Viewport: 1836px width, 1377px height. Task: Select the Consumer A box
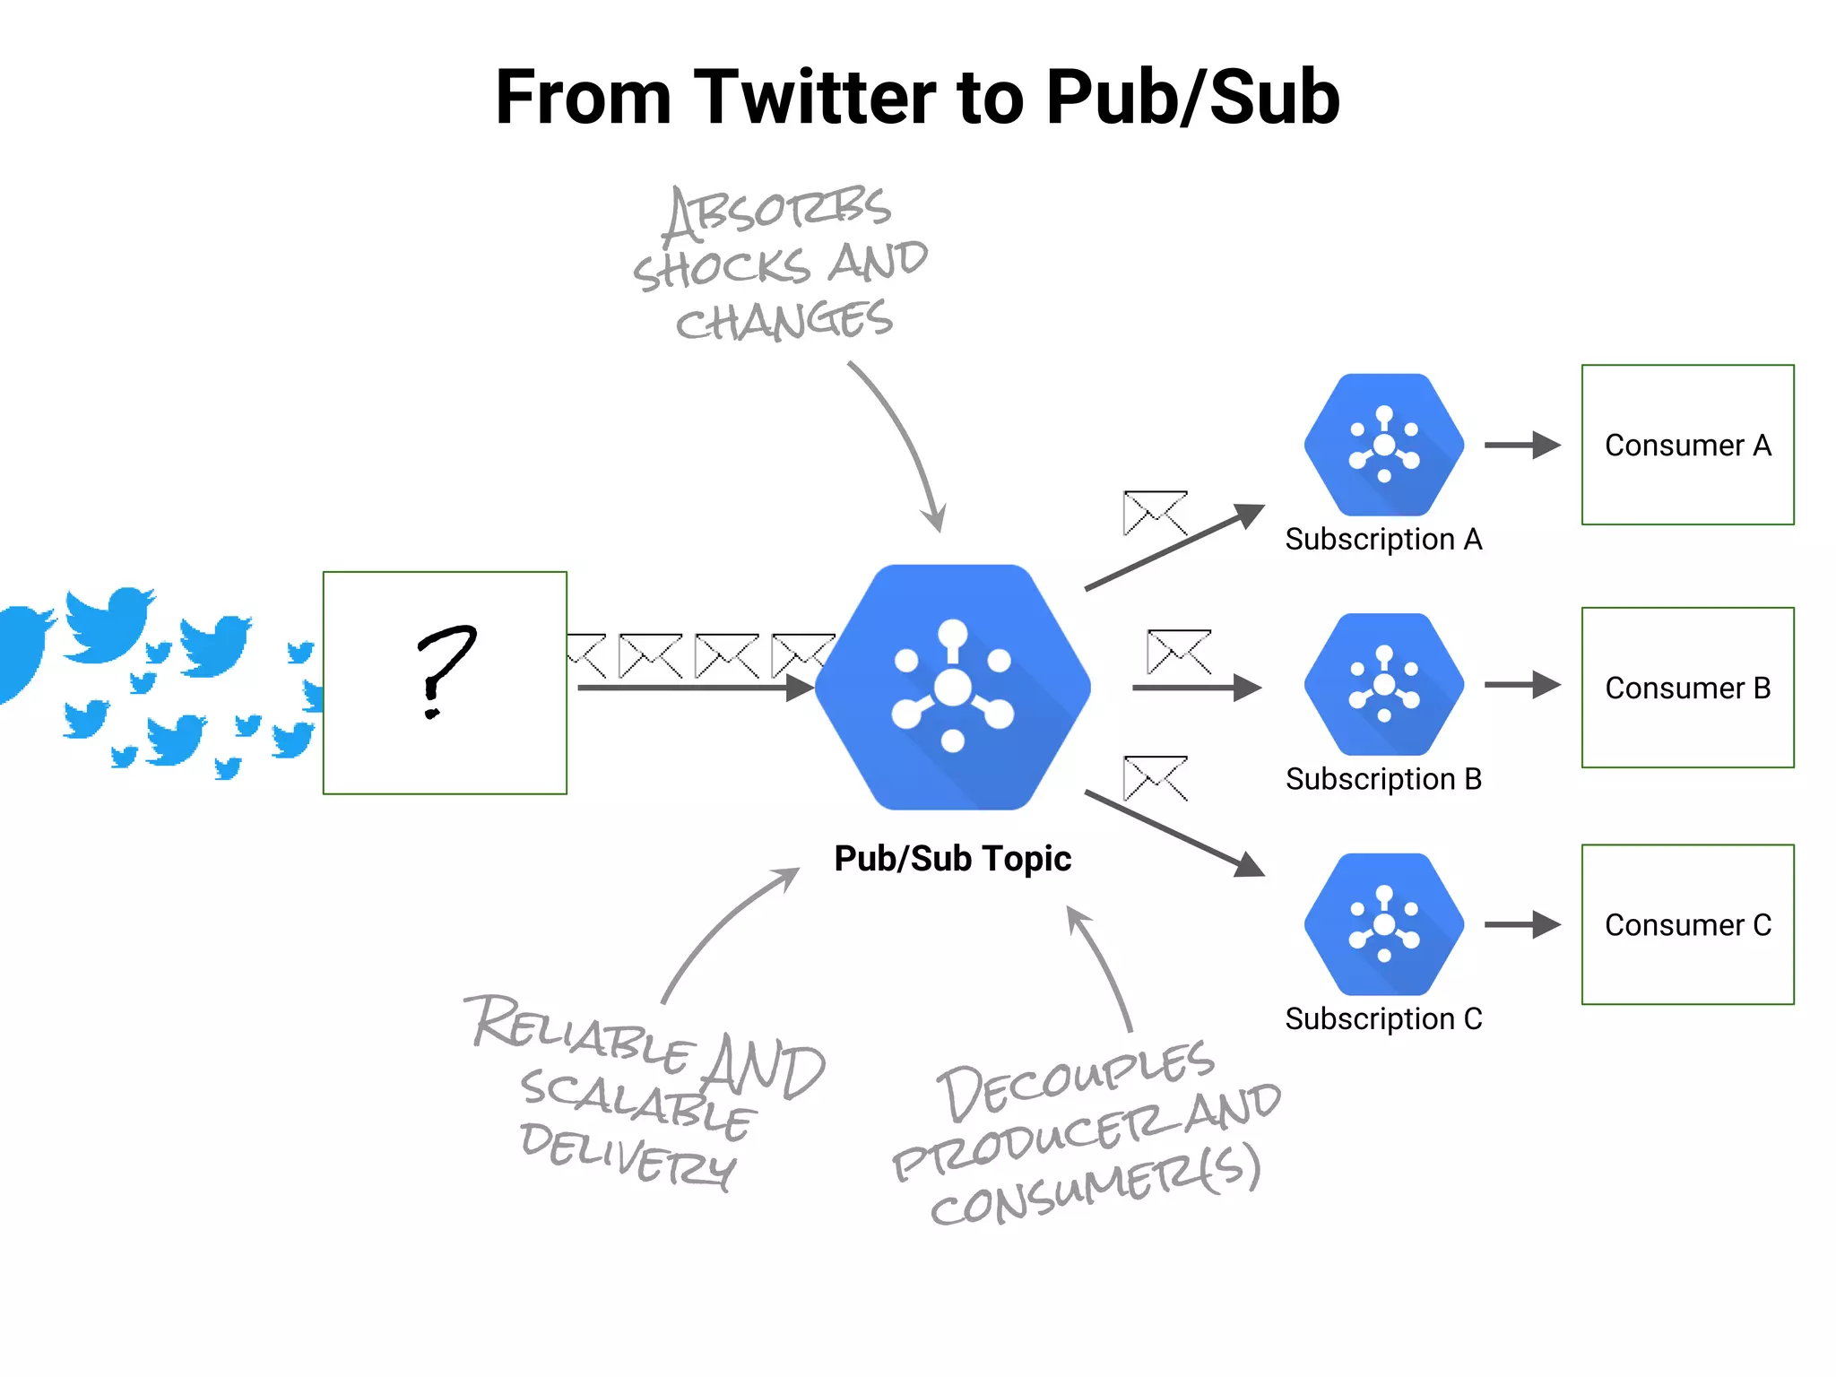[1687, 445]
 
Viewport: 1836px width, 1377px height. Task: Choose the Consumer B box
[1687, 688]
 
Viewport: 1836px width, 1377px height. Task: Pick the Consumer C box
[1687, 924]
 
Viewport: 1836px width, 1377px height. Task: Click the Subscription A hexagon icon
[1383, 445]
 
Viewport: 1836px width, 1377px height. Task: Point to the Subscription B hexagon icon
[1383, 684]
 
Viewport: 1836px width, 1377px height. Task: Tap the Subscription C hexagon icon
[1383, 924]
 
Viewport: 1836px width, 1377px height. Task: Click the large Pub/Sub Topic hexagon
[952, 688]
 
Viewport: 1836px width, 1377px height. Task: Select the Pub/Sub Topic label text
[952, 858]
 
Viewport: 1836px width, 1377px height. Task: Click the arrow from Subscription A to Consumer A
[1522, 445]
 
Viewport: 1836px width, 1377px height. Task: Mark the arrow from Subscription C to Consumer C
[1522, 924]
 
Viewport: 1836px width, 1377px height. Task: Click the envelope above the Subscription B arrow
[1179, 652]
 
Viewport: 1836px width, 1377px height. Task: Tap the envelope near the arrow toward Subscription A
[1155, 513]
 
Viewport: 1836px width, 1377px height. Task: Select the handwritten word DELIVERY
[628, 1156]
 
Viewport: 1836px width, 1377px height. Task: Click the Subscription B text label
[1383, 779]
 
